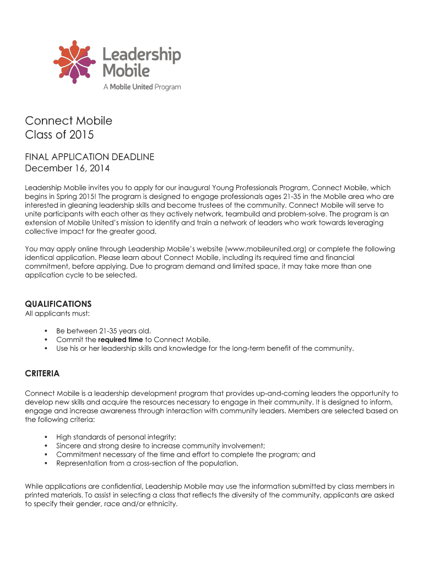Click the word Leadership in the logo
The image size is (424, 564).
(142, 54)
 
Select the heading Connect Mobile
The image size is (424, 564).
(69, 121)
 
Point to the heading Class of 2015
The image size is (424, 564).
(59, 134)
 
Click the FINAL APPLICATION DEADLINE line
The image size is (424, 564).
(90, 157)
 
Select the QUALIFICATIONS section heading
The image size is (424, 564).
(58, 303)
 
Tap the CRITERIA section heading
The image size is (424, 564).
(42, 373)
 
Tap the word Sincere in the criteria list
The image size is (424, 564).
(69, 446)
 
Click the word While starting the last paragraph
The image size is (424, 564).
(35, 486)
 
